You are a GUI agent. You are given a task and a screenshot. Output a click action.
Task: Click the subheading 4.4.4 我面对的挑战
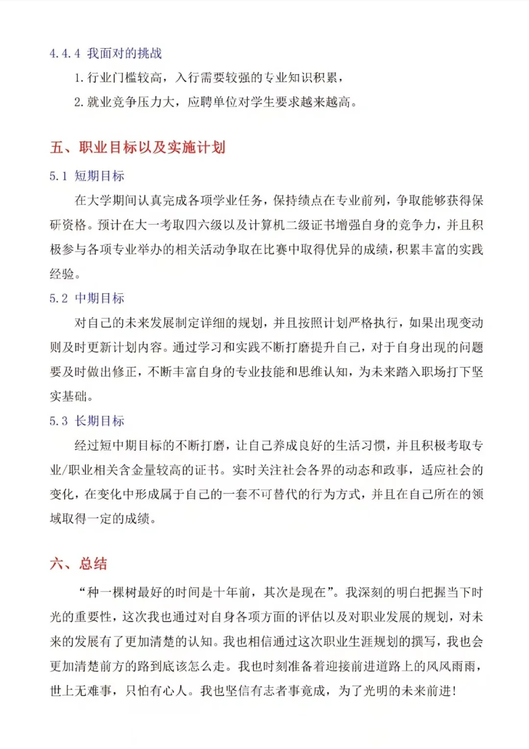pyautogui.click(x=105, y=53)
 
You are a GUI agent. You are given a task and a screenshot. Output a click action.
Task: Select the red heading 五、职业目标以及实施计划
pyautogui.click(x=138, y=147)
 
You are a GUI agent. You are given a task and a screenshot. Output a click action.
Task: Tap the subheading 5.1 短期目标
pyautogui.click(x=87, y=176)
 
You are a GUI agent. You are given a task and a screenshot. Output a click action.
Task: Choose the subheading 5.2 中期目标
pyautogui.click(x=87, y=299)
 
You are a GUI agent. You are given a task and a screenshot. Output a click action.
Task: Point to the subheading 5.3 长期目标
pyautogui.click(x=87, y=421)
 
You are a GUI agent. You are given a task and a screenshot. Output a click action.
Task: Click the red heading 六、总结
pyautogui.click(x=78, y=564)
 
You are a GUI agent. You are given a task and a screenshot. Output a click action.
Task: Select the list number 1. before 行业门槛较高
pyautogui.click(x=79, y=78)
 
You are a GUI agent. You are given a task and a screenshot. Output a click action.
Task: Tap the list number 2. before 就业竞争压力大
pyautogui.click(x=79, y=102)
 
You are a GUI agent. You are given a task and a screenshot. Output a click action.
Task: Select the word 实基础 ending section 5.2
pyautogui.click(x=69, y=397)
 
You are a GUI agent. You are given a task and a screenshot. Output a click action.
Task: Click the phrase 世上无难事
pyautogui.click(x=81, y=691)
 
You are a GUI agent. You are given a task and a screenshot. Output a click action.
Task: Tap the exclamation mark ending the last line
pyautogui.click(x=455, y=691)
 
